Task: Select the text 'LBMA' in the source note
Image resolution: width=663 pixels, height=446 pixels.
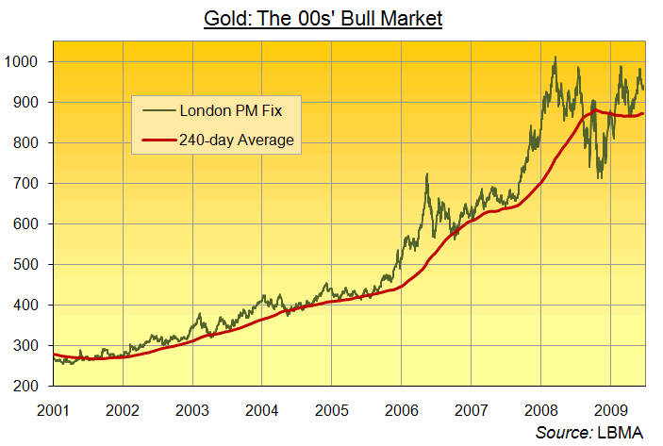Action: point(623,432)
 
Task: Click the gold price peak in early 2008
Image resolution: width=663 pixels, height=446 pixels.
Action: point(555,58)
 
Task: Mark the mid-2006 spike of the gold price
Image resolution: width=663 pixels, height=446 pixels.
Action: point(427,174)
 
